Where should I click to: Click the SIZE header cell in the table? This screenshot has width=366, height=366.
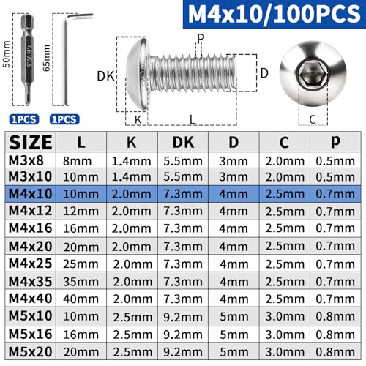pos(31,142)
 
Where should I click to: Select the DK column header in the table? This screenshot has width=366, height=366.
pos(183,142)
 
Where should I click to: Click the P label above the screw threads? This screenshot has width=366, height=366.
pos(200,38)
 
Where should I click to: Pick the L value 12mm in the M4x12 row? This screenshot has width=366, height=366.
pos(82,211)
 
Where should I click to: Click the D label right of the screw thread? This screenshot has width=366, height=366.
pos(265,73)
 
